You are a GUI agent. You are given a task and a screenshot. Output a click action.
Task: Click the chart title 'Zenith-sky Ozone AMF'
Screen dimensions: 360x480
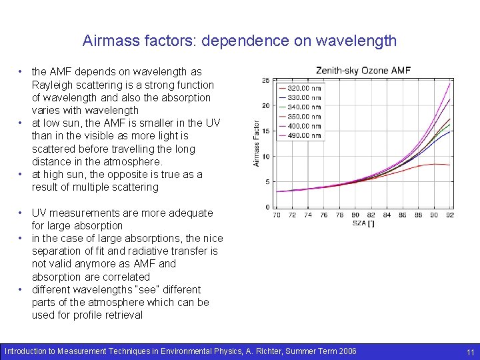point(363,70)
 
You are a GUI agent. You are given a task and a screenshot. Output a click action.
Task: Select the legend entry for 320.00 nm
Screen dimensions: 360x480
point(303,88)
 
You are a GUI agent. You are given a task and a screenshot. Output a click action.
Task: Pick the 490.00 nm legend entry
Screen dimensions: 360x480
point(303,135)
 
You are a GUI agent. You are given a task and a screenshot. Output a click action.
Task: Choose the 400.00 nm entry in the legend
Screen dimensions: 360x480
point(303,126)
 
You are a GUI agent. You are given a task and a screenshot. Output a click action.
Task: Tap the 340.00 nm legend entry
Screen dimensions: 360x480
point(303,107)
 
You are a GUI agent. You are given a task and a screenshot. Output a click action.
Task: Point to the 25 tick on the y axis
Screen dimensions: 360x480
point(265,81)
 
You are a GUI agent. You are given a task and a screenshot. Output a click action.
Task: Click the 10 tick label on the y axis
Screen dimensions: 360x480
point(265,157)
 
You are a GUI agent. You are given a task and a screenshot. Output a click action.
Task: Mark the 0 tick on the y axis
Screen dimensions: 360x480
point(267,207)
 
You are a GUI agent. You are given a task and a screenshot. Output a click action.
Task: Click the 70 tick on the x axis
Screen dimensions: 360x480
point(277,215)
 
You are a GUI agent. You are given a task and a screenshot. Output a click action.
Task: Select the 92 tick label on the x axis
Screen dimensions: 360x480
point(449,215)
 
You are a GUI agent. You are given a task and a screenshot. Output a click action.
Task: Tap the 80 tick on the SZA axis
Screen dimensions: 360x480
point(355,215)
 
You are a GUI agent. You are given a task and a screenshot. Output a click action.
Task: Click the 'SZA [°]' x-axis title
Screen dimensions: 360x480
point(363,223)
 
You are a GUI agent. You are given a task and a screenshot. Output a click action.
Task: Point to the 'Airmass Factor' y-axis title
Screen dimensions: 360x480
point(257,143)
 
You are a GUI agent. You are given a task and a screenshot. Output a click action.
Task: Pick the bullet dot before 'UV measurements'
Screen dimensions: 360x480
point(22,213)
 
